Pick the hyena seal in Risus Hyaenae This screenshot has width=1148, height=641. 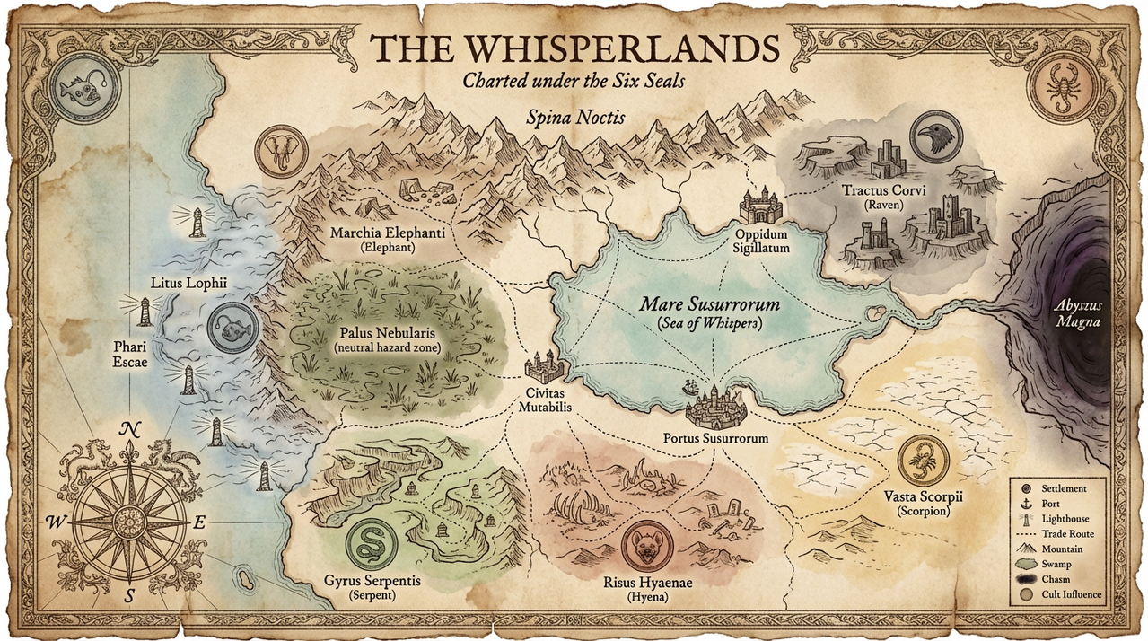pyautogui.click(x=645, y=549)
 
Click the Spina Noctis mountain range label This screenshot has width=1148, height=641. pyautogui.click(x=563, y=117)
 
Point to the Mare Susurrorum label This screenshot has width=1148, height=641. pyautogui.click(x=709, y=305)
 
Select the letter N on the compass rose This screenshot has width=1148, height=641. pyautogui.click(x=127, y=428)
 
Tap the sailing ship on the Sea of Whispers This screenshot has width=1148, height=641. pyautogui.click(x=689, y=388)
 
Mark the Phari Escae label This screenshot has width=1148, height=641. pyautogui.click(x=131, y=352)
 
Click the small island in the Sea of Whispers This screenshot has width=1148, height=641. pyautogui.click(x=874, y=313)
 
